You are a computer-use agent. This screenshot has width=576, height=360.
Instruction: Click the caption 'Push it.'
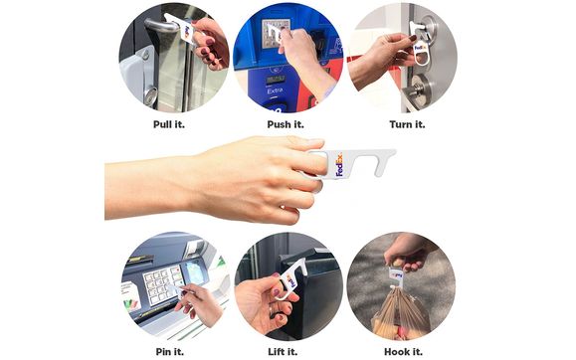[286, 124]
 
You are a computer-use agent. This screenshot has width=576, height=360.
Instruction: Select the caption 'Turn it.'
[406, 124]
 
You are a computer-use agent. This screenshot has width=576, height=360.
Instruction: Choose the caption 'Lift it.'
[287, 349]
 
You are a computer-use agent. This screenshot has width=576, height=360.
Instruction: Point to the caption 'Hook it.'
[402, 349]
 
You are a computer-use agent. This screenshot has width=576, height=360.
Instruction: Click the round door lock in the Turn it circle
[418, 90]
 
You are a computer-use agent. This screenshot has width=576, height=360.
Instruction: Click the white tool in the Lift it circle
[289, 278]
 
